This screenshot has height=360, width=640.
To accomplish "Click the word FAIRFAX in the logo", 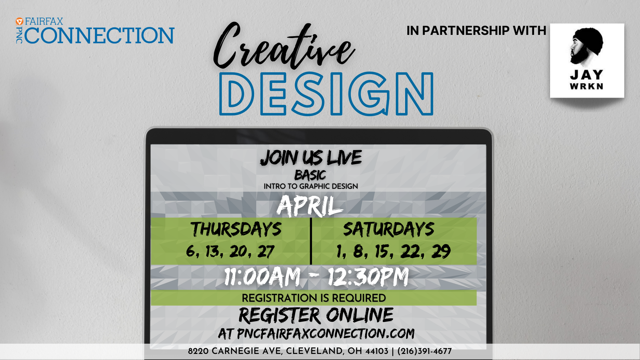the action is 44,21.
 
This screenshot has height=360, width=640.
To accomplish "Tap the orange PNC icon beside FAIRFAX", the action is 20,21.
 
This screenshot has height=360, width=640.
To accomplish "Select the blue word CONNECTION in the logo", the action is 100,35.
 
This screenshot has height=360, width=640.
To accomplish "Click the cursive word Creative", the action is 284,46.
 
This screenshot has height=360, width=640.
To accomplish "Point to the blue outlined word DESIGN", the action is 326,94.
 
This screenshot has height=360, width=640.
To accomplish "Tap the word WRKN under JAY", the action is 587,86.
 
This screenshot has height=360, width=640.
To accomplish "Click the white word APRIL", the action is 310,206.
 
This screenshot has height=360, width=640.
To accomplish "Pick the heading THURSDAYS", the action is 236,229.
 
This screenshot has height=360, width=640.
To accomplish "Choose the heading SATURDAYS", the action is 389,229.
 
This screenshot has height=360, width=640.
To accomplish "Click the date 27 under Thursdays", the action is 266,252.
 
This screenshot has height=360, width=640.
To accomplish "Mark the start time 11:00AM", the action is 262,276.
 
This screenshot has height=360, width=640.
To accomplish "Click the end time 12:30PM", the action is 368,276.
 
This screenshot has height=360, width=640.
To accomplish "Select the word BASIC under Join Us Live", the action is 310,175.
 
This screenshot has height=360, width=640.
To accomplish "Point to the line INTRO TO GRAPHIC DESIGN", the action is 311,186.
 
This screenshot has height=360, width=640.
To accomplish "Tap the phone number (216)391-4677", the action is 425,351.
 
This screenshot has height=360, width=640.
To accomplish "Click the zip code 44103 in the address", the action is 377,351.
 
